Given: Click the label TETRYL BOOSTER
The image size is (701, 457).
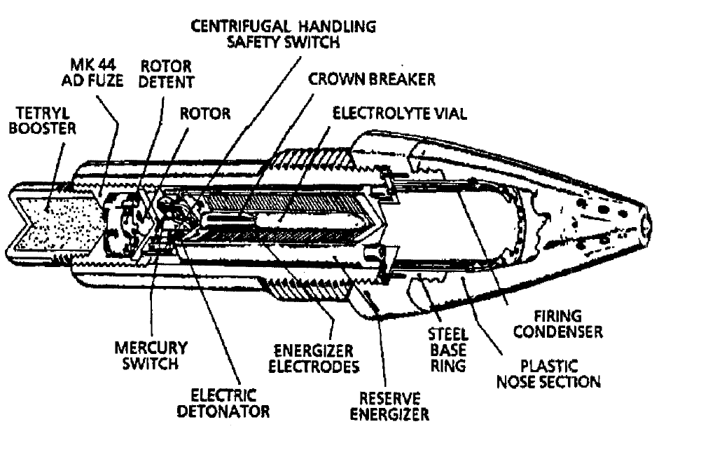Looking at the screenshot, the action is point(43,121).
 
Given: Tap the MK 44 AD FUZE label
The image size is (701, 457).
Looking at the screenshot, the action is point(92,72).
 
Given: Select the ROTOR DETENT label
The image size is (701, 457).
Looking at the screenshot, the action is point(166,74).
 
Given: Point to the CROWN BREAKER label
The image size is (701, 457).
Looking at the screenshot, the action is point(372,79).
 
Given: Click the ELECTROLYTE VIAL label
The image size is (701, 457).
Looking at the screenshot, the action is point(400,114).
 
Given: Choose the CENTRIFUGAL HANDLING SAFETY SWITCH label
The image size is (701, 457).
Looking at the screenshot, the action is point(284,34).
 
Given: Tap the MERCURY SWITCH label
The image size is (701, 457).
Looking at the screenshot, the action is point(151,355).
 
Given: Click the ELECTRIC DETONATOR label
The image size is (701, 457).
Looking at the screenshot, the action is point(223,403).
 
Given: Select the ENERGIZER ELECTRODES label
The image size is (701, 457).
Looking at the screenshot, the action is point(314,359).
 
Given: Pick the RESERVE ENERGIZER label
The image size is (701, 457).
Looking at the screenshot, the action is point(389,407).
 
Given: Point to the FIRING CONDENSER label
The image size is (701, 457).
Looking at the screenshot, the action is point(558,324).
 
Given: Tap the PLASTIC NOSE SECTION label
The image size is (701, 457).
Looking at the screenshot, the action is point(548,374).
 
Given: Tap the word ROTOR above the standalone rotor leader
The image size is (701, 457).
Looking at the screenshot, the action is point(205,114).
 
